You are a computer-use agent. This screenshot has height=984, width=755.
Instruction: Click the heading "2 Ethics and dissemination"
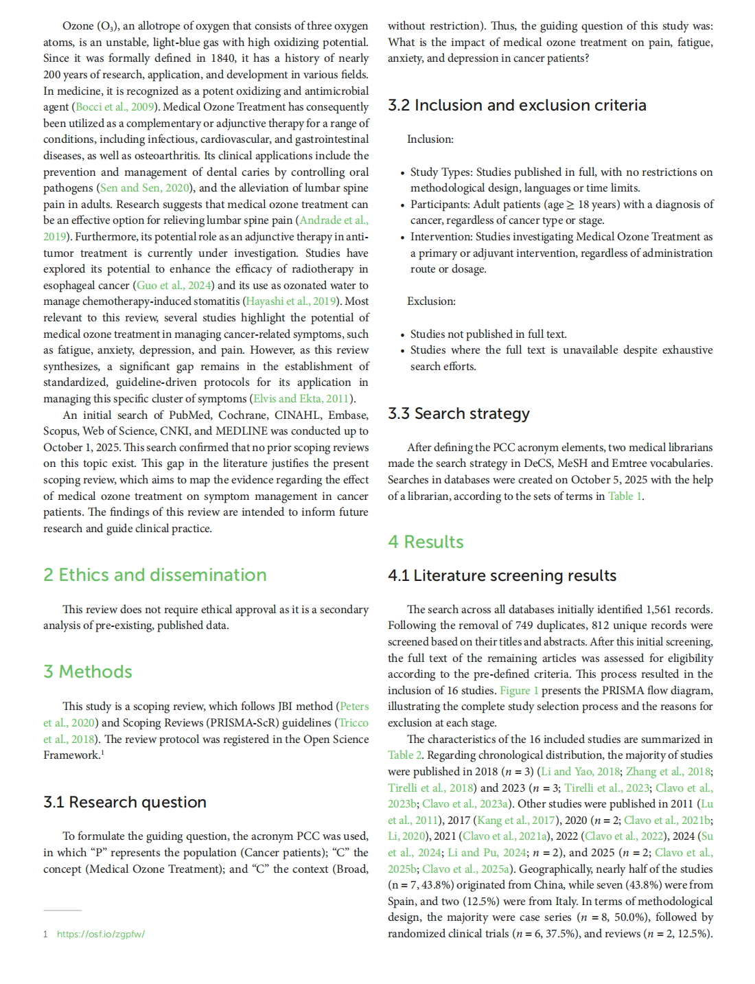154,575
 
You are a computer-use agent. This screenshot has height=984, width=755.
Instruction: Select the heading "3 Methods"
88,672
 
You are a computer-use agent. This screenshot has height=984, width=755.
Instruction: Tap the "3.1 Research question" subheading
124,802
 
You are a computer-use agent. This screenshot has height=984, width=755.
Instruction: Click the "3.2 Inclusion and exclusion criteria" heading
517,105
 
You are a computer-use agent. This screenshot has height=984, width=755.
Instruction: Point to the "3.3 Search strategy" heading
458,413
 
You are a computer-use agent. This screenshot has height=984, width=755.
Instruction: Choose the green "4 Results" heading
426,542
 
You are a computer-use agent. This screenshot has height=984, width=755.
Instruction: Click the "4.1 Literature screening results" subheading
502,575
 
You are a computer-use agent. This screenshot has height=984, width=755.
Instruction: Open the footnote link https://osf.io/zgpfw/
100,934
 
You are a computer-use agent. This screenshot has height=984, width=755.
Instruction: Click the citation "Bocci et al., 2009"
115,107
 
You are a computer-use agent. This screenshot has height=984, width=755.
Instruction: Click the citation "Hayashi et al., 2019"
291,301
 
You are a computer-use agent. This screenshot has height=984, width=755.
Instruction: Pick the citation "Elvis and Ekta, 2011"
301,399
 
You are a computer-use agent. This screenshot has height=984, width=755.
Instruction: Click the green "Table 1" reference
625,496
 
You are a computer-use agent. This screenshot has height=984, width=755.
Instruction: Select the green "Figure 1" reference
519,691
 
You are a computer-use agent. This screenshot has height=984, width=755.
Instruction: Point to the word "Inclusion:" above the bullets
430,139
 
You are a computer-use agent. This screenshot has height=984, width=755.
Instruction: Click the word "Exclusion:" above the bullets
431,301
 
